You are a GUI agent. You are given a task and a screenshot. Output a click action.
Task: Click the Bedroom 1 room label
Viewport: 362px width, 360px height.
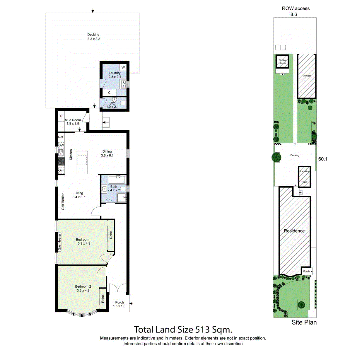[83, 239]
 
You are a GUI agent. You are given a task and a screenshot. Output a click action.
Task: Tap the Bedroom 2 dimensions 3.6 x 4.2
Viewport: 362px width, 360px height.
[83, 291]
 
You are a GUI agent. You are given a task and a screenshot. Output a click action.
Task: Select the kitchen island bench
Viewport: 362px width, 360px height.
[82, 163]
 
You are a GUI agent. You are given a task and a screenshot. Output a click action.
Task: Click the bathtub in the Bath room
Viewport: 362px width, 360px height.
[117, 180]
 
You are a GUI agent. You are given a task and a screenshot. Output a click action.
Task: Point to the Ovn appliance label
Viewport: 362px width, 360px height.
[61, 170]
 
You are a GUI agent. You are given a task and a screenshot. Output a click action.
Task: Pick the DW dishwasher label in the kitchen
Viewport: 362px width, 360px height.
[61, 145]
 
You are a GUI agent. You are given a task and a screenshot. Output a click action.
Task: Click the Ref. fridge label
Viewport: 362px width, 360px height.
[61, 137]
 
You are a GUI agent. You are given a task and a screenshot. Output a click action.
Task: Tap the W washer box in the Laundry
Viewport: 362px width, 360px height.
[123, 67]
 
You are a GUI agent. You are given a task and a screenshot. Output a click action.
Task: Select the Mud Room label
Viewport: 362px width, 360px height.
[73, 120]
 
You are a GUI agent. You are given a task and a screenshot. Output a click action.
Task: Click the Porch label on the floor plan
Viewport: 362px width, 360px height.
[119, 302]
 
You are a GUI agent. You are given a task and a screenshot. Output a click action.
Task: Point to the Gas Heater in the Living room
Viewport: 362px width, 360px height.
[63, 202]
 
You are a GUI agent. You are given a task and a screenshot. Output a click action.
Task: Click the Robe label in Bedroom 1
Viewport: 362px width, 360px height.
[111, 235]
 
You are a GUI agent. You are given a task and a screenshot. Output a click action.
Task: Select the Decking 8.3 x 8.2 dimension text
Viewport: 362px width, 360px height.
[94, 39]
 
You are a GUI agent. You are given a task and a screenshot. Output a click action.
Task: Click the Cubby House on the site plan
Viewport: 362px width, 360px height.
[282, 62]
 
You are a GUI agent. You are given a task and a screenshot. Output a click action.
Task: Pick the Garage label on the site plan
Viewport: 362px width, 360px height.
[307, 76]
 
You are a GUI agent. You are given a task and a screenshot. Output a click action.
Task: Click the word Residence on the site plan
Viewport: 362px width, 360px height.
[294, 231]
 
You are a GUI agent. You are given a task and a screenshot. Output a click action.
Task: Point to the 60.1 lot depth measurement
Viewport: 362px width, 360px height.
[323, 159]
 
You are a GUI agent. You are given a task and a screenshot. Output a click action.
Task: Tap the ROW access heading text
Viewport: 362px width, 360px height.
[296, 8]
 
